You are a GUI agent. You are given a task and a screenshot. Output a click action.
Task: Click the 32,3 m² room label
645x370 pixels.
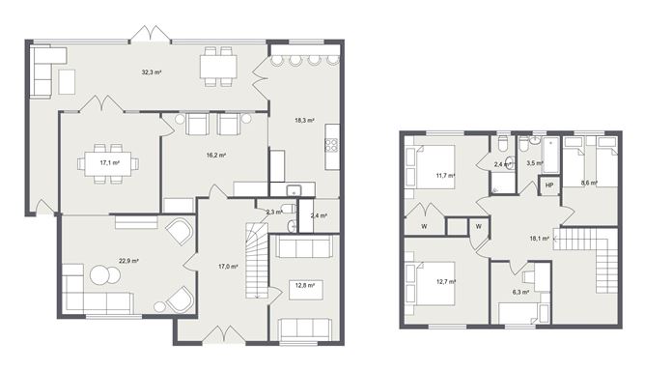[x=151, y=72]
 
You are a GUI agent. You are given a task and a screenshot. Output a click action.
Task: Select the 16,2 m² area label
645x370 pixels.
[x=215, y=155]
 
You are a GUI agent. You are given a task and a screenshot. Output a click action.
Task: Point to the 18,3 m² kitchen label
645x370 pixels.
[x=305, y=120]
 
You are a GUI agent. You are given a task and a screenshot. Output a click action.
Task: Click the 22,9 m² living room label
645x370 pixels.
[x=128, y=261]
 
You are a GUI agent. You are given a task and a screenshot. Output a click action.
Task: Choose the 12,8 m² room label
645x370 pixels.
[x=306, y=285]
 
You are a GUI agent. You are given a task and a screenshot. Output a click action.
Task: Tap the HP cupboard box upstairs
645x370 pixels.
[x=549, y=185]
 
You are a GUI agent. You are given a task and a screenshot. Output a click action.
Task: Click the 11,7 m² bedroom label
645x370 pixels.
[x=445, y=176]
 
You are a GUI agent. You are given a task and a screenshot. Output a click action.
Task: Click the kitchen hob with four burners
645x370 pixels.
[x=331, y=145]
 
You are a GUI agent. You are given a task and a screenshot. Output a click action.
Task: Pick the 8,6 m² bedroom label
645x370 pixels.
[x=588, y=182]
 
